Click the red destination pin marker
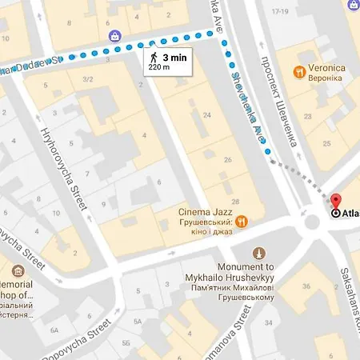[336, 202]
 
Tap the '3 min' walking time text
[175, 58]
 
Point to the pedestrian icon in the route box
[152, 58]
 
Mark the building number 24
[206, 115]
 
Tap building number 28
[234, 200]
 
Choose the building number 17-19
[279, 12]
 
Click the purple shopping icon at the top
[116, 36]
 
